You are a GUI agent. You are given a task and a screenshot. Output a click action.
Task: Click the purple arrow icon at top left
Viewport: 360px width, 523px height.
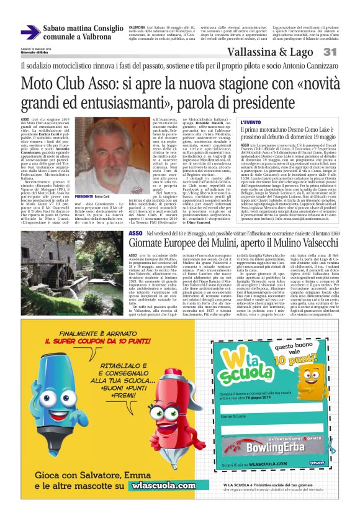[x=29, y=32]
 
